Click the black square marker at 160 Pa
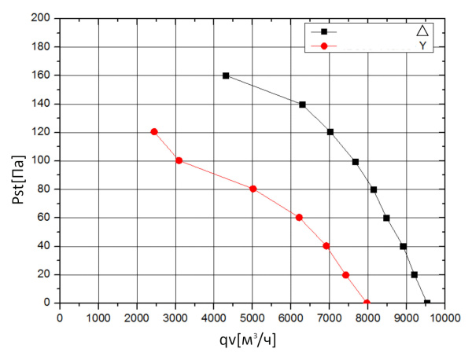(x=226, y=75)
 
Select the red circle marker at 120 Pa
(x=154, y=132)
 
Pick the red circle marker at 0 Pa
(x=367, y=303)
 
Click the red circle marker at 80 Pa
(x=253, y=189)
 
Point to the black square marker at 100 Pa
(x=356, y=162)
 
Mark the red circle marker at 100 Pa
(x=179, y=160)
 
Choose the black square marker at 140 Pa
(x=302, y=105)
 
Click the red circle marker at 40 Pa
(x=326, y=246)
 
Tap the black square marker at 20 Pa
(x=415, y=275)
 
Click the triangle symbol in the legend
(x=422, y=31)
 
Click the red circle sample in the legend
(x=323, y=46)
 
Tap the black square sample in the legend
(x=323, y=31)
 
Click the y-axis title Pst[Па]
(x=17, y=160)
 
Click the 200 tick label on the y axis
(x=42, y=18)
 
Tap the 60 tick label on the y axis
(x=45, y=218)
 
